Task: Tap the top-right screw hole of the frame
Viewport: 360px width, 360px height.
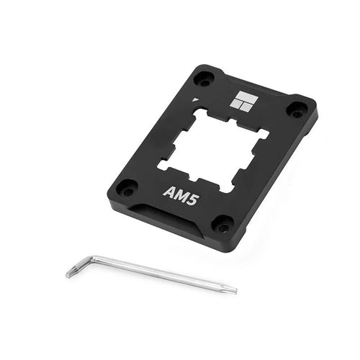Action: (297, 110)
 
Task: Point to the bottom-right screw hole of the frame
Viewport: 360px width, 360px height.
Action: (222, 226)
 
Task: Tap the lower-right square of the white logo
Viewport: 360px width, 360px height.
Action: (246, 107)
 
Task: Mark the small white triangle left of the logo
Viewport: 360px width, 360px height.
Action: (195, 100)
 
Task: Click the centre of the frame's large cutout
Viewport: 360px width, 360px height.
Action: (212, 149)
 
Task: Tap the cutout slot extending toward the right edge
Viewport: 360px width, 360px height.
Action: (263, 134)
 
